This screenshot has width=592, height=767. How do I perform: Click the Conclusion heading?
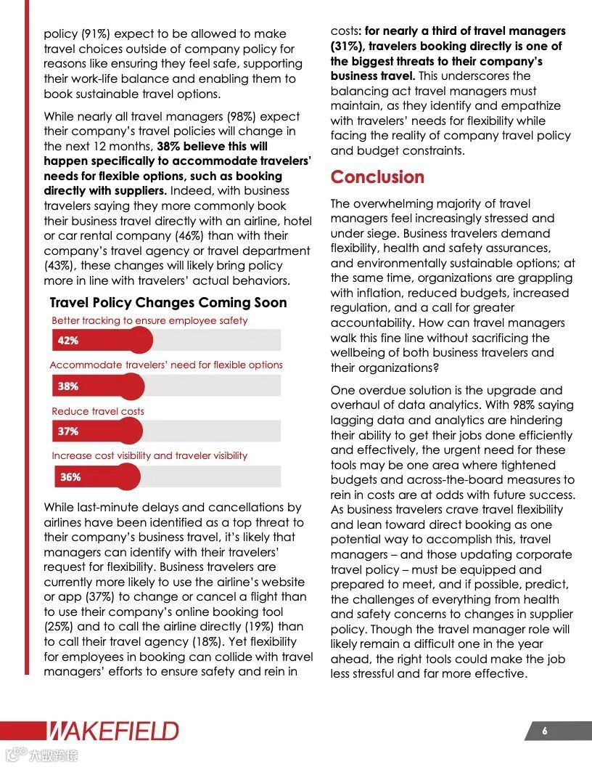[377, 177]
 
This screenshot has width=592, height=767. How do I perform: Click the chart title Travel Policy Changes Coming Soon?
[168, 303]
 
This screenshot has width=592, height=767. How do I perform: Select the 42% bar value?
[68, 340]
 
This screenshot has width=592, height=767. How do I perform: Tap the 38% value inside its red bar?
[68, 386]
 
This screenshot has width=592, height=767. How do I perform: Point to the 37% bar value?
[68, 431]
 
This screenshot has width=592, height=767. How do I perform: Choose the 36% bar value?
[70, 477]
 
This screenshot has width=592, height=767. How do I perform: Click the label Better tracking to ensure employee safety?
[149, 320]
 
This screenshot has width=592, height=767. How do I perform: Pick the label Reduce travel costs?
[98, 411]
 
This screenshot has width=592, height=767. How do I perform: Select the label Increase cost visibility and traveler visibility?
[149, 456]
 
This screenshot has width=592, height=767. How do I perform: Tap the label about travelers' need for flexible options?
[166, 365]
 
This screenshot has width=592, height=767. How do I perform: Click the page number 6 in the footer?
[545, 731]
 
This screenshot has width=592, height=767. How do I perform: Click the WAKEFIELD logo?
[113, 731]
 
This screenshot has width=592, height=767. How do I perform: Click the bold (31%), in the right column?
[348, 46]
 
